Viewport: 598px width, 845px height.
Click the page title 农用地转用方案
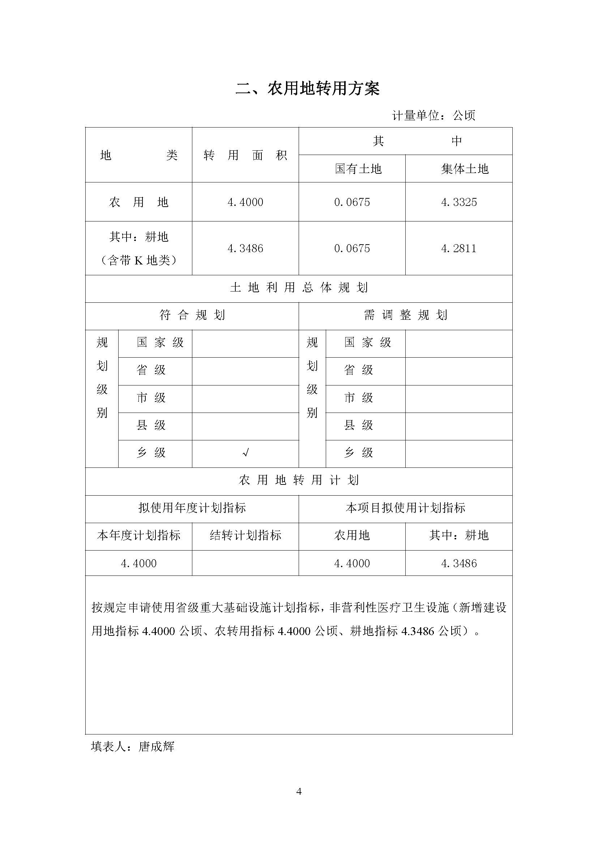coord(307,89)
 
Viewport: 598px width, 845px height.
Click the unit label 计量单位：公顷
coord(433,116)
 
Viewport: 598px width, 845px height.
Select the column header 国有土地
coord(358,169)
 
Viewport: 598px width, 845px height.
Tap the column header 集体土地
coord(464,169)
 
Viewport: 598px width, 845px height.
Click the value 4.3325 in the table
coord(458,202)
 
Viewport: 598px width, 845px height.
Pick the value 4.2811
coord(458,249)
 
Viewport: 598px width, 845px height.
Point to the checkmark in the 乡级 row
coord(245,453)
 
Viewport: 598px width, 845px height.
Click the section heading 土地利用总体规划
coord(299,288)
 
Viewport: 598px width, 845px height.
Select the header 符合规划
coord(192,315)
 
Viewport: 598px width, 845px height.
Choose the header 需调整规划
coord(405,315)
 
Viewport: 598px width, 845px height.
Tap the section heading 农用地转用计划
coord(299,480)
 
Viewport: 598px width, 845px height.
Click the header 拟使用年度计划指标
coord(192,508)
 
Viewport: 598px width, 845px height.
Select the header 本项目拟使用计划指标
coord(405,508)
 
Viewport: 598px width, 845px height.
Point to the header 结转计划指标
coord(245,535)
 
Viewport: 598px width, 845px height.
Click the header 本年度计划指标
coord(138,535)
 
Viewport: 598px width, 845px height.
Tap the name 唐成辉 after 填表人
coord(156,747)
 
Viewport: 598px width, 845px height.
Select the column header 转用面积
coord(245,156)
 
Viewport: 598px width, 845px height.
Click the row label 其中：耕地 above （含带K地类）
coord(138,237)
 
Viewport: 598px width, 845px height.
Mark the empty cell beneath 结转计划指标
coord(245,564)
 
